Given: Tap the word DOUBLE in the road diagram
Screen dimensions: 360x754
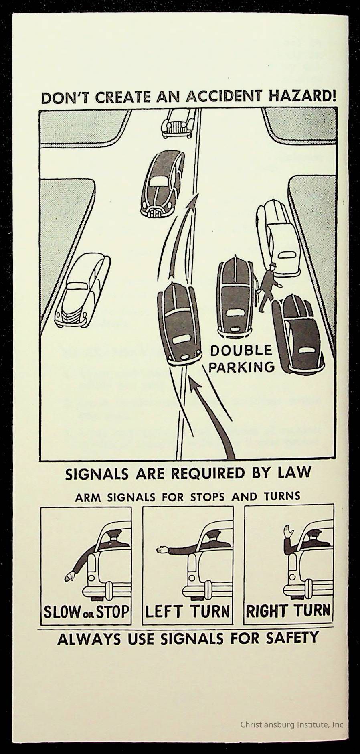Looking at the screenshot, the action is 241,351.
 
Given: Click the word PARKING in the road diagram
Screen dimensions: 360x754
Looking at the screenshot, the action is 242,367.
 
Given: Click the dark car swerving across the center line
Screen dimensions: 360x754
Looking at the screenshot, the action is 179,323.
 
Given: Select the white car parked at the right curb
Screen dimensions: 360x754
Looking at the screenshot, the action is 278,239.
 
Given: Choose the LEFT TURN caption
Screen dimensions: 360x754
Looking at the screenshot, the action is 187,612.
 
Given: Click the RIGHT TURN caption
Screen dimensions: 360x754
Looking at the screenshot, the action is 288,611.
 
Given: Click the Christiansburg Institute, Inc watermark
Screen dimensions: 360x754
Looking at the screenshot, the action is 291,724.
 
